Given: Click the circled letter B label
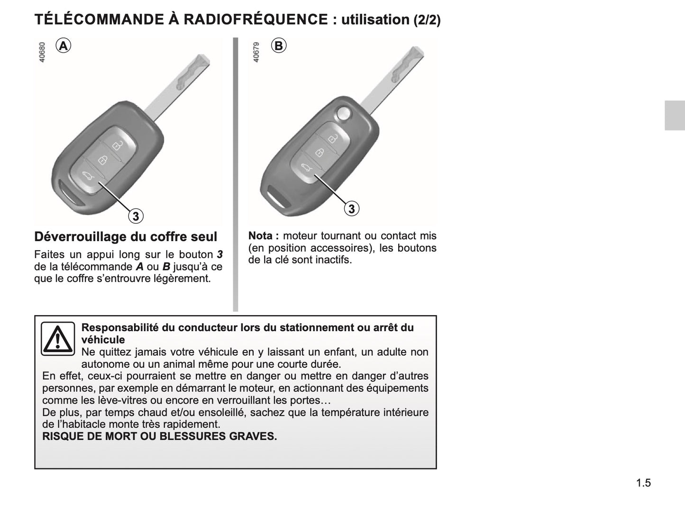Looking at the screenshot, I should pyautogui.click(x=279, y=45).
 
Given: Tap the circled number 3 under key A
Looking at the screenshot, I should pyautogui.click(x=136, y=216).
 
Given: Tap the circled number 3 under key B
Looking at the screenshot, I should pyautogui.click(x=351, y=208).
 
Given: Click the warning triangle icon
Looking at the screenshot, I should pyautogui.click(x=57, y=339).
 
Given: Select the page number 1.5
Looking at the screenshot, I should pyautogui.click(x=643, y=483).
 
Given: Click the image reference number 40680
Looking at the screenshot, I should pyautogui.click(x=42, y=52).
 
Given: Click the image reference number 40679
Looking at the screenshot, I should pyautogui.click(x=256, y=52).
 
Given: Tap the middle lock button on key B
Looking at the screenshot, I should pyautogui.click(x=320, y=153).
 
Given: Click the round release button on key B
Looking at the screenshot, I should pyautogui.click(x=343, y=113).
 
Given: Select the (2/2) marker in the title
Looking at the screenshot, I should pyautogui.click(x=427, y=20).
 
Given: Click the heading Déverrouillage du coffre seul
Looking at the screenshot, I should pyautogui.click(x=126, y=236).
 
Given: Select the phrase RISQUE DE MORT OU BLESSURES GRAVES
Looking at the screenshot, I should pyautogui.click(x=159, y=436).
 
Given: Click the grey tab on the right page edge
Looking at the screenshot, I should pyautogui.click(x=675, y=115).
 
